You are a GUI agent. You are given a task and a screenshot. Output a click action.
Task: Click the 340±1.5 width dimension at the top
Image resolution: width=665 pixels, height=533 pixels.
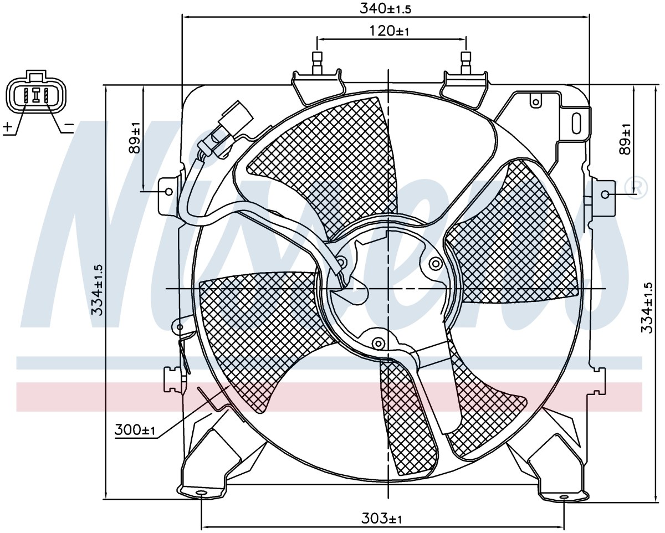click(385, 9)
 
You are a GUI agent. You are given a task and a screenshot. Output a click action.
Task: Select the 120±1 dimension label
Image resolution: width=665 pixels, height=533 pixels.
click(390, 31)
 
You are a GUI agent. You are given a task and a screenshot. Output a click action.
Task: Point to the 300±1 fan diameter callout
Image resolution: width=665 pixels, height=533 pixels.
click(135, 430)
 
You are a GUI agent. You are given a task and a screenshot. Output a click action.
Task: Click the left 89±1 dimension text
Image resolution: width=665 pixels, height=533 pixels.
click(135, 137)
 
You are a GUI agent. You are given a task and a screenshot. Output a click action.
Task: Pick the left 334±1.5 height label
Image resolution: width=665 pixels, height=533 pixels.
click(98, 290)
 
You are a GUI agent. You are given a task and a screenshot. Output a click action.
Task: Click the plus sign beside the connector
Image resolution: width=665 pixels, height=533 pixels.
click(8, 126)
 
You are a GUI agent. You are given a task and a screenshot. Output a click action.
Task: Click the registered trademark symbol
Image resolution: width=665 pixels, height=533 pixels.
click(635, 188)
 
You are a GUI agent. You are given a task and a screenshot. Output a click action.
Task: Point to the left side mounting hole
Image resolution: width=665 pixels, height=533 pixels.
click(169, 192)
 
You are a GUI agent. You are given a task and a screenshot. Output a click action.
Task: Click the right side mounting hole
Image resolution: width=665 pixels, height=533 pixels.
click(605, 194)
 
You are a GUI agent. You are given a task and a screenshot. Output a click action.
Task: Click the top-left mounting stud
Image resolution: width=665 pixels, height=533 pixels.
click(317, 63)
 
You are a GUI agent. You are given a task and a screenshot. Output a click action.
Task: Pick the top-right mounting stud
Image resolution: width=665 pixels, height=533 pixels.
click(465, 63)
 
